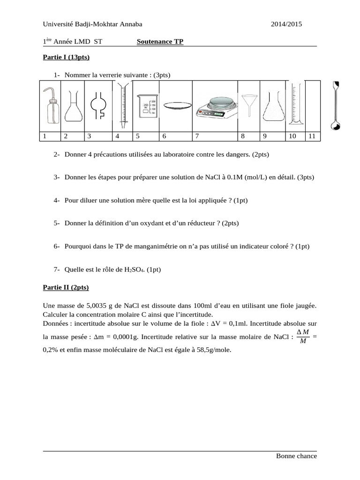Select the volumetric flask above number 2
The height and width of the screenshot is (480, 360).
73,106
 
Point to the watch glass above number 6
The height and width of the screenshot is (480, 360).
176,107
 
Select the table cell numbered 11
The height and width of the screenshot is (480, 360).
312,136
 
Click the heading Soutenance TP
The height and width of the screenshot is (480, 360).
160,42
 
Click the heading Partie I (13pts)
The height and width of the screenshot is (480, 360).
66,58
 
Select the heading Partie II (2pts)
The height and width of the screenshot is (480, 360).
66,287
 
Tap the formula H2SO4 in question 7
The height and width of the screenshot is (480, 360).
135,269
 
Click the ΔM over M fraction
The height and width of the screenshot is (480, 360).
303,337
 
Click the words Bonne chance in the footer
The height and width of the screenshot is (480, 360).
296,456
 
